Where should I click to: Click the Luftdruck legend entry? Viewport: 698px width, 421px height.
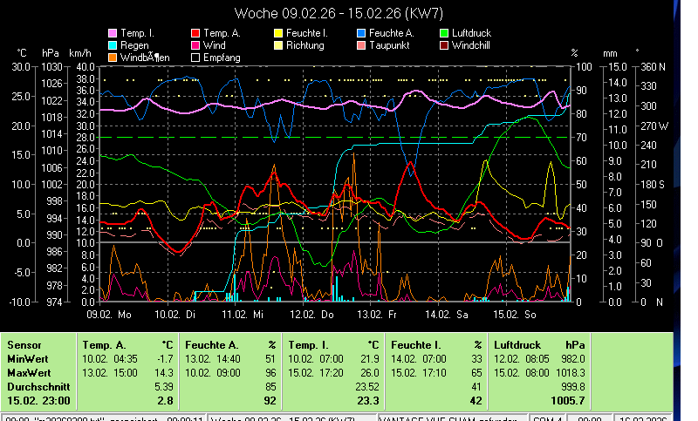tap(469, 33)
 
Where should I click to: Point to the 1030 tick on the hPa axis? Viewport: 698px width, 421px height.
tap(52, 67)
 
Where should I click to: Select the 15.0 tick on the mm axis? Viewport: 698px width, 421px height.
tap(618, 67)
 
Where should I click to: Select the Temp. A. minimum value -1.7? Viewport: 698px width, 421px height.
tap(162, 357)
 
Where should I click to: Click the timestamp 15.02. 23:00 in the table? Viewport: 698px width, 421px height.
tap(38, 399)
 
